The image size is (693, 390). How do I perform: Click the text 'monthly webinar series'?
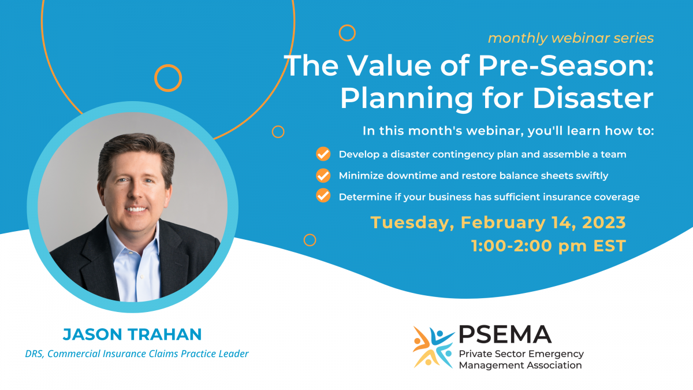point(571,38)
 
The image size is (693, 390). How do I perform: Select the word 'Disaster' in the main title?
point(593,98)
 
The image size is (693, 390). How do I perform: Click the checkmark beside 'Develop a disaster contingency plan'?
point(323,154)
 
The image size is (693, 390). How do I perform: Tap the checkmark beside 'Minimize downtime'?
point(323,176)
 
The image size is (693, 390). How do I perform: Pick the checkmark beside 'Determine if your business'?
point(323,196)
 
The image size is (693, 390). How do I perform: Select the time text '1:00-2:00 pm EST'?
point(548,246)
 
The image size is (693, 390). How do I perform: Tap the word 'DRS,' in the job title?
point(35,354)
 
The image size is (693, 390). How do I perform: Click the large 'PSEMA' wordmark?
point(505,334)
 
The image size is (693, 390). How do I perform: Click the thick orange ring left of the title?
point(168,77)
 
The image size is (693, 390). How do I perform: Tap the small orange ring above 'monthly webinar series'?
point(347,33)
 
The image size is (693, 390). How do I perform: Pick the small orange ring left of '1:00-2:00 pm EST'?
point(310,240)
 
